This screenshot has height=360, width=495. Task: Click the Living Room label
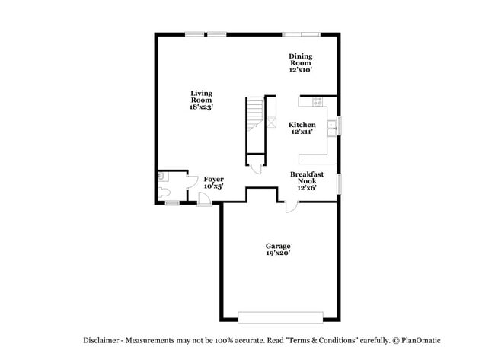[x=201, y=97]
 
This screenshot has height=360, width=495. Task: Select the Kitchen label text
[x=302, y=124]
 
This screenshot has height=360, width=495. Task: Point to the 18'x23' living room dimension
[x=201, y=107]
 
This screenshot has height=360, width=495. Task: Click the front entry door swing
[x=204, y=198]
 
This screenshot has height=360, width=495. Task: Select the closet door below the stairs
[x=256, y=167]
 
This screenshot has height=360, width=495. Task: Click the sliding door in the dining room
[x=301, y=34]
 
